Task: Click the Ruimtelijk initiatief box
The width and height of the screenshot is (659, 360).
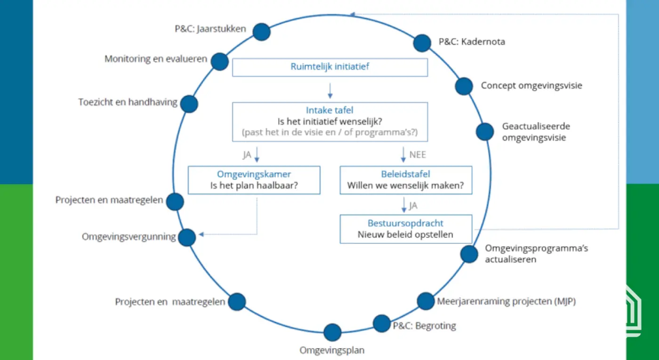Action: [329, 67]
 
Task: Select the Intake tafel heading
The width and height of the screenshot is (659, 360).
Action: [329, 111]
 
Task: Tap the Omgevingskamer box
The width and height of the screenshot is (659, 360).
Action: [254, 180]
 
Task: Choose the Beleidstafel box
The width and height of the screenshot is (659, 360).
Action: [405, 180]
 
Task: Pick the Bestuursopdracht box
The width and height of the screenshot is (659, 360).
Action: [405, 229]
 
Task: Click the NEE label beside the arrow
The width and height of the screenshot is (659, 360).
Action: [418, 154]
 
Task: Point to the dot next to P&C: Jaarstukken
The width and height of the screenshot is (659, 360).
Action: [262, 32]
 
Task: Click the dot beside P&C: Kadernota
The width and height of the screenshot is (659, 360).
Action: [422, 43]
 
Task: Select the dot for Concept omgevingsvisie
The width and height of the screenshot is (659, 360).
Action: [464, 86]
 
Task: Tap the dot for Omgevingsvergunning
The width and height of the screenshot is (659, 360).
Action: [187, 237]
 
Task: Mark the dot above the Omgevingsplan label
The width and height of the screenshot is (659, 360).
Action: [332, 332]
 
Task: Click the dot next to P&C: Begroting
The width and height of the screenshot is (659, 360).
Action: [382, 323]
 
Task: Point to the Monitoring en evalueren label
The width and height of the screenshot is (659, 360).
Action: [156, 59]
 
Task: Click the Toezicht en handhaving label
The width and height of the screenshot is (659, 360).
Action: [128, 102]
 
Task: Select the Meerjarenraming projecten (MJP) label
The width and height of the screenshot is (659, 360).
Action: [506, 301]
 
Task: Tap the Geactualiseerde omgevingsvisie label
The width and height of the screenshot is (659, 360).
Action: [536, 132]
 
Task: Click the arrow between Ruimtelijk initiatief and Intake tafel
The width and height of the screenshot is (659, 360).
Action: [330, 89]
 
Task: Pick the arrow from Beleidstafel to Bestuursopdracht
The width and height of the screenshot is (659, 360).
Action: [403, 205]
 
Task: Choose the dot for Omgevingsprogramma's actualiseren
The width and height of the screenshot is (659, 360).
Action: [469, 254]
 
